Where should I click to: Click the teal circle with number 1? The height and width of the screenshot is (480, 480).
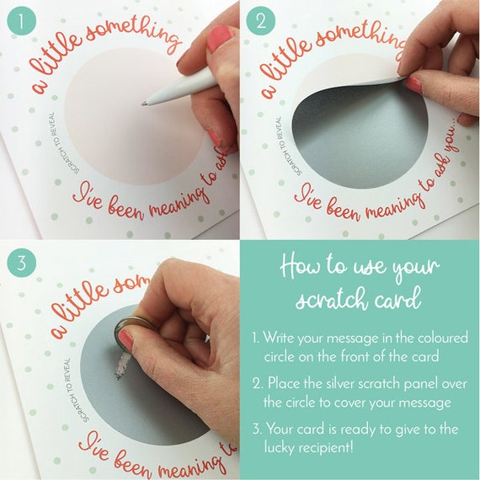[21, 21]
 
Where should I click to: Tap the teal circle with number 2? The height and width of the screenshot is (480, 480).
[260, 21]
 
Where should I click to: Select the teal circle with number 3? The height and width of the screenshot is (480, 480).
[21, 263]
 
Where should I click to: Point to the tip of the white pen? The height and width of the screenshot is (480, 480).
[143, 104]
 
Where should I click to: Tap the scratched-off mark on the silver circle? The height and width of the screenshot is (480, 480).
[122, 365]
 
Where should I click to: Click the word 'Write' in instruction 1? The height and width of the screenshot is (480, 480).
[279, 338]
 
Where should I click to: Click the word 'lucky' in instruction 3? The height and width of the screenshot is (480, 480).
[280, 448]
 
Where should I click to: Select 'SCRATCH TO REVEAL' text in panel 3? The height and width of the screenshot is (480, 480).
[75, 391]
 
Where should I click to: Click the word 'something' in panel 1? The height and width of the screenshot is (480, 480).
[132, 34]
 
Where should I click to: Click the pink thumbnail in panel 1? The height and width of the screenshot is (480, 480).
[220, 37]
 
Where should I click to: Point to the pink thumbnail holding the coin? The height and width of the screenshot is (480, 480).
[126, 340]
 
